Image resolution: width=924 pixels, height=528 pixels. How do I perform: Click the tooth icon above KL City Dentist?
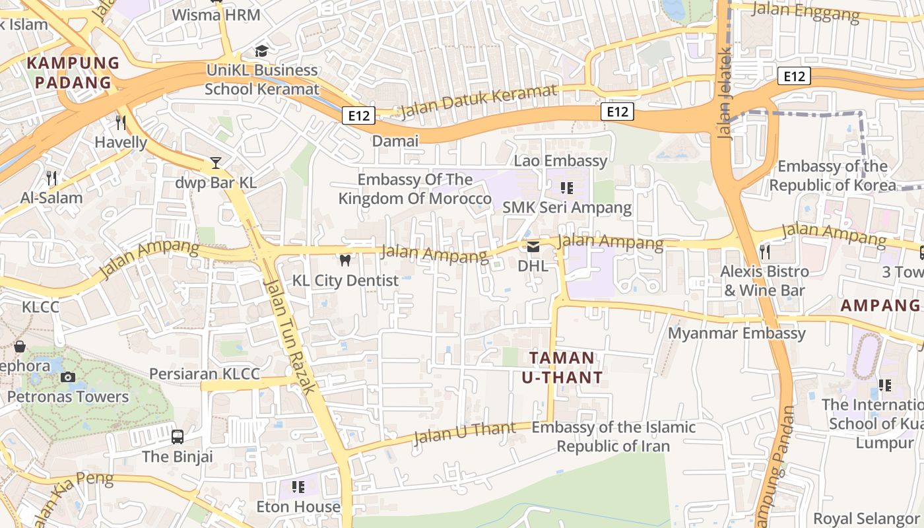(344, 260)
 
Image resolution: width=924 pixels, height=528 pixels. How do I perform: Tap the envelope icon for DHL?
(533, 247)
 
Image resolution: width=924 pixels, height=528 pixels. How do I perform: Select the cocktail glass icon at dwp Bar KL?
(216, 163)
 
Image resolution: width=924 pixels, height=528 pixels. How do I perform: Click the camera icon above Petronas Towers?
(67, 378)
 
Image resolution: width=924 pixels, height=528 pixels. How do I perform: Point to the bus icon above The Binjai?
(178, 436)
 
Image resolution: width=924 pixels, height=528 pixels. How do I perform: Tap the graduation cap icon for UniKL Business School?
(262, 51)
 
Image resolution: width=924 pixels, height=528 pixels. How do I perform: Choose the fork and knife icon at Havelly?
(121, 122)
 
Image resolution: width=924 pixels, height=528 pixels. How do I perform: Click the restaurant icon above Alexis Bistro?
(765, 251)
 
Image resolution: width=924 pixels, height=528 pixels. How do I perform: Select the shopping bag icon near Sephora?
(20, 346)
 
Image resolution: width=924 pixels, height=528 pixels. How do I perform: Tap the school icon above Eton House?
(298, 487)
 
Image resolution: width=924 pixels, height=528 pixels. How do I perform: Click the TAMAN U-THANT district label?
(562, 368)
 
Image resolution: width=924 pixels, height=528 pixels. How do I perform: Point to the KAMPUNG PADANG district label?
(73, 73)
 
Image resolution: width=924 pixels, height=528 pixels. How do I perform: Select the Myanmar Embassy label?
(737, 333)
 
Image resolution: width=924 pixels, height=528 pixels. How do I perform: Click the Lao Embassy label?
(560, 161)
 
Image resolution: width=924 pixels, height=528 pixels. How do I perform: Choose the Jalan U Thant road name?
(465, 433)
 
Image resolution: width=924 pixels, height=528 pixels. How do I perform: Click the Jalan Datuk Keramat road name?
(479, 102)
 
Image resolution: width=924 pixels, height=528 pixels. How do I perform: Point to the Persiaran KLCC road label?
(205, 374)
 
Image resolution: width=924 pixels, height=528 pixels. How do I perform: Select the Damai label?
(395, 141)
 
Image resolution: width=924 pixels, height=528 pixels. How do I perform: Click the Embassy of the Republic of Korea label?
(832, 176)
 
